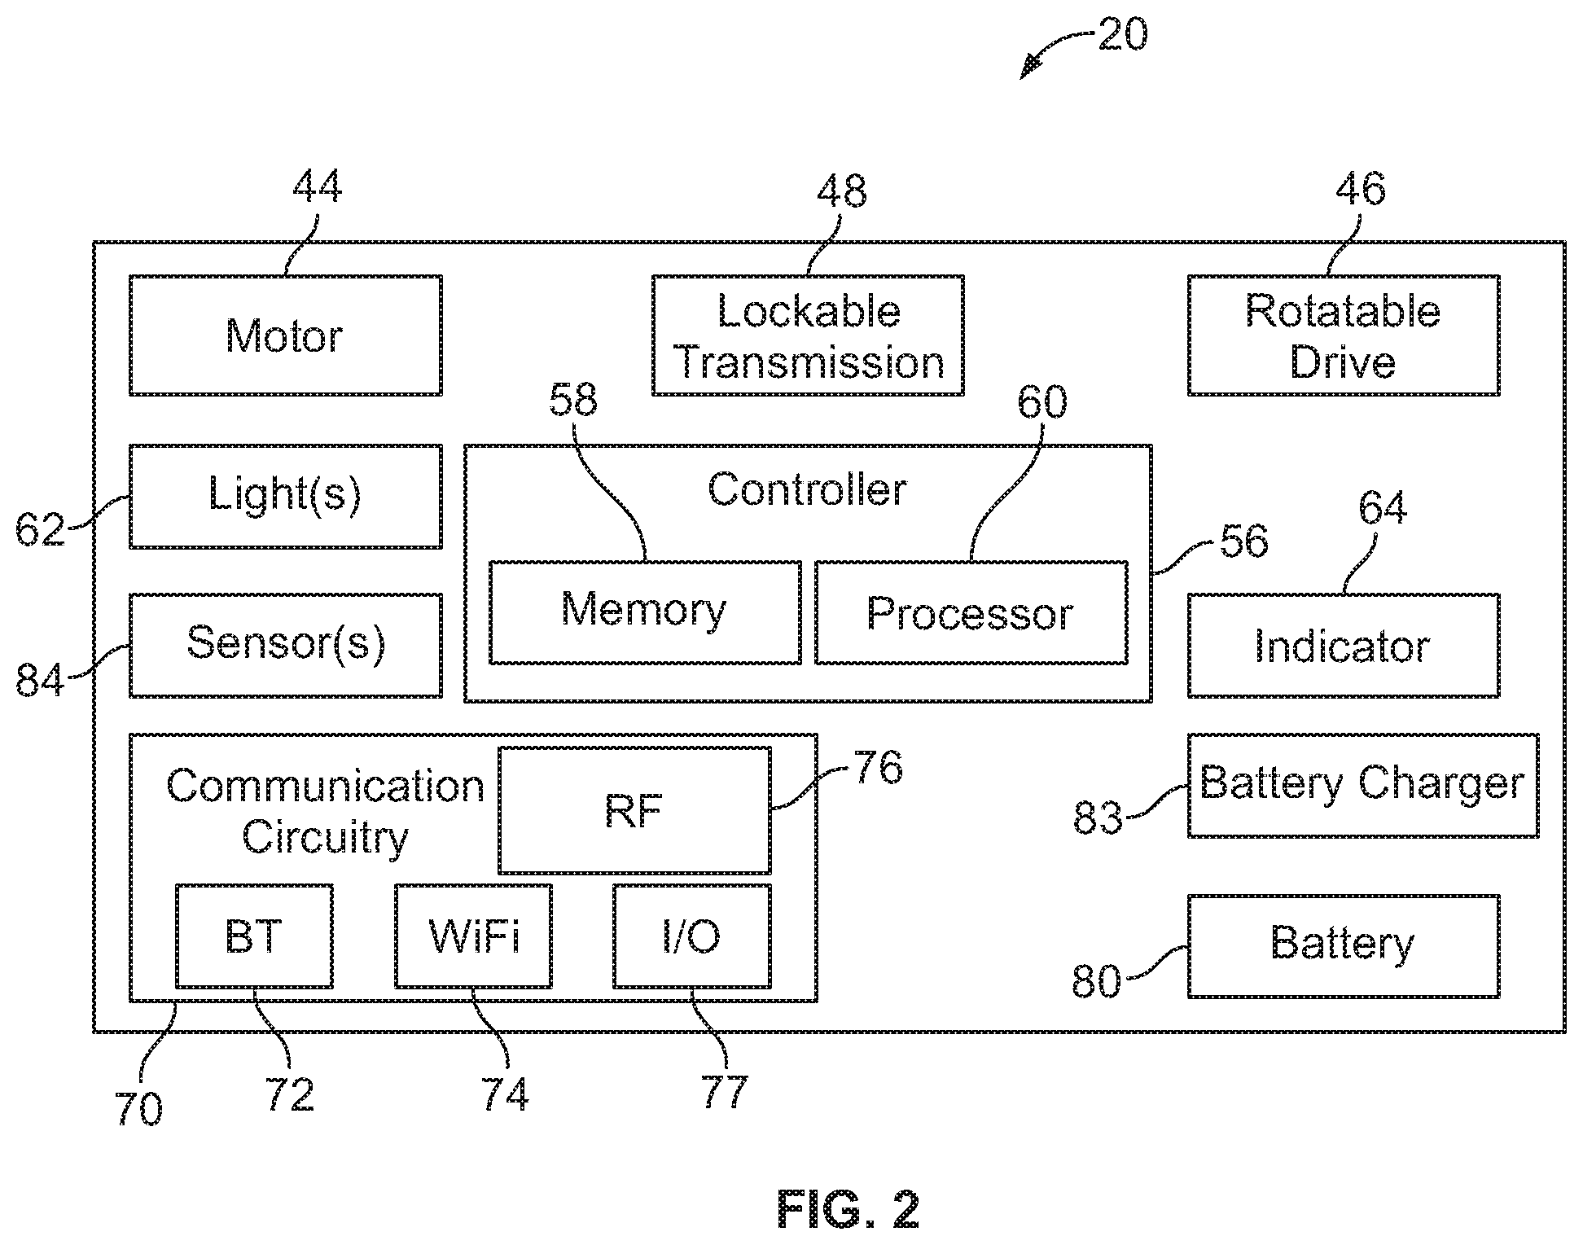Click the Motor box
[285, 335]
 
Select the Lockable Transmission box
[808, 335]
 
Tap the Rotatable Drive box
[1343, 335]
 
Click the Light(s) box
[285, 496]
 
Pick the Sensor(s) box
[285, 645]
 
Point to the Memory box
[645, 612]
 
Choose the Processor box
[971, 612]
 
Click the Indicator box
[1343, 645]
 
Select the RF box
[634, 810]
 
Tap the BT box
[254, 936]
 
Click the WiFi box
[473, 936]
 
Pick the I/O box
[691, 936]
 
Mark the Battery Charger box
[1362, 785]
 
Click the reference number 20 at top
[1122, 36]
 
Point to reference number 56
[1243, 541]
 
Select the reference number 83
[1097, 817]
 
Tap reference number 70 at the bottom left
[139, 1108]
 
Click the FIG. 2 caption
[849, 1209]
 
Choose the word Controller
[807, 489]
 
